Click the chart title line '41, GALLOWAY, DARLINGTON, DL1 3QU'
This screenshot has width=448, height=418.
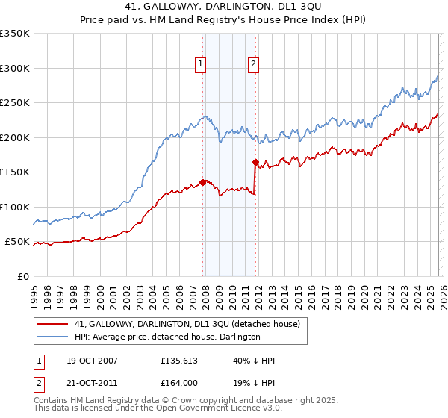pyautogui.click(x=223, y=7)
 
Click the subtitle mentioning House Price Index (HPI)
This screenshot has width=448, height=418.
pyautogui.click(x=223, y=20)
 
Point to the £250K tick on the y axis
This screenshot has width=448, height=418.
pyautogui.click(x=15, y=103)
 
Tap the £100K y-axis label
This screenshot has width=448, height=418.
pyautogui.click(x=15, y=207)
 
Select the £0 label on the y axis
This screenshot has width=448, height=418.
pyautogui.click(x=23, y=276)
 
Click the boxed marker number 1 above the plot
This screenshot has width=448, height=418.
pyautogui.click(x=202, y=65)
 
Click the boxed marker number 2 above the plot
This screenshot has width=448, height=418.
pyautogui.click(x=254, y=65)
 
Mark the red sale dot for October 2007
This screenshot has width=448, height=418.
pyautogui.click(x=202, y=181)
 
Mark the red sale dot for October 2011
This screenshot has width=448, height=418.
pyautogui.click(x=255, y=162)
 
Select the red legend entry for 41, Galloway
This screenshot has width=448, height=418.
pyautogui.click(x=187, y=324)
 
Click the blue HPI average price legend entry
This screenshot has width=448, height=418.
pyautogui.click(x=167, y=337)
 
